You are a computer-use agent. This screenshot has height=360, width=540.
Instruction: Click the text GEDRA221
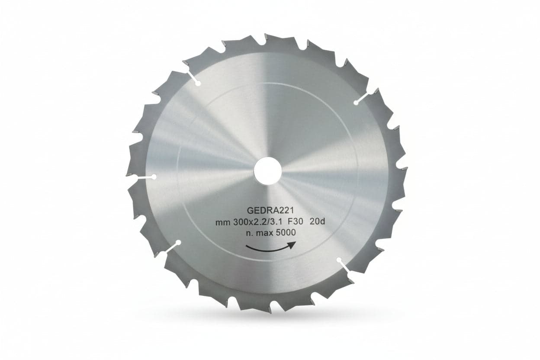[x=270, y=210]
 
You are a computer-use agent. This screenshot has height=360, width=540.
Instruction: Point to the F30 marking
[x=295, y=222]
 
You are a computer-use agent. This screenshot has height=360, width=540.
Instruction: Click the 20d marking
[x=317, y=222]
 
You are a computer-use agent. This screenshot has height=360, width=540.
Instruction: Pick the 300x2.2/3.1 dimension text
[x=257, y=222]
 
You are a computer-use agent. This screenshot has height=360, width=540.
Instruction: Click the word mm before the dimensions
[x=223, y=223]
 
